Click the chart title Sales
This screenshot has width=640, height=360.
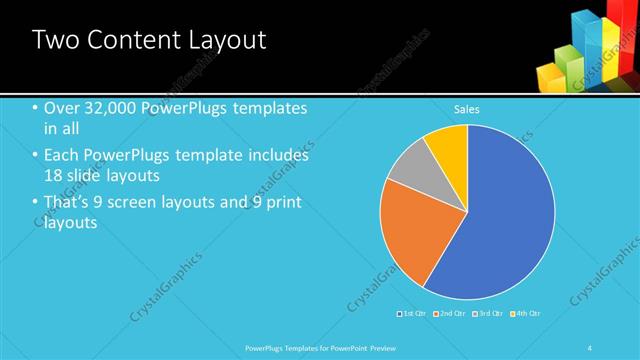coord(467,108)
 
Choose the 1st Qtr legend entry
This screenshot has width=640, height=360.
coord(412,314)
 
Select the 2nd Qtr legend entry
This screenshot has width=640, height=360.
coord(449,314)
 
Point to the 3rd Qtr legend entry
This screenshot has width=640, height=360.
coord(488,314)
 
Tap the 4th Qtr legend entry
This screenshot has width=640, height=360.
coord(526,314)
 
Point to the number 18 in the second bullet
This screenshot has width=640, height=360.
coord(58,174)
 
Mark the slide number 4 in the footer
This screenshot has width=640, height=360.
coord(590,347)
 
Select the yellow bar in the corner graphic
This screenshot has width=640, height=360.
coord(549,72)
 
